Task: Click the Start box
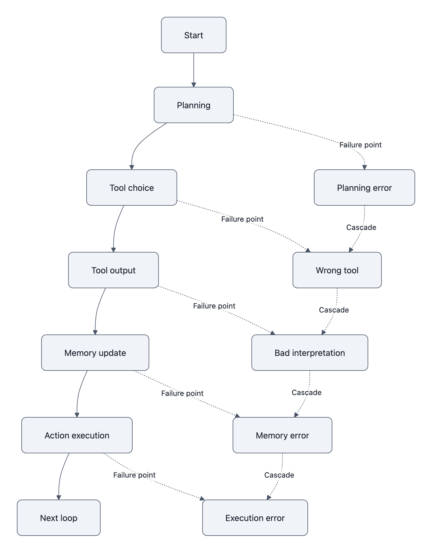coord(193,35)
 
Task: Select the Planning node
coord(193,105)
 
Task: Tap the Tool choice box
coord(131,188)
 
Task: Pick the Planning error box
coord(364,188)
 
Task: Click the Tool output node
coord(113,270)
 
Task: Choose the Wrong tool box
coord(337,270)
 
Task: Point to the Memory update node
coord(95,353)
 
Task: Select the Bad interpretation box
coord(309,353)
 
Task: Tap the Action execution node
coord(77,435)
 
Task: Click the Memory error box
coord(282,435)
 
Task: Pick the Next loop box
coord(59,518)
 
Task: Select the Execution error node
coord(255,518)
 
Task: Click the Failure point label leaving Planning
coord(360,145)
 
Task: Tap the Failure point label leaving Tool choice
coord(242,219)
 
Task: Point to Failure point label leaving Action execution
coord(134,475)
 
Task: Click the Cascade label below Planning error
coord(361,227)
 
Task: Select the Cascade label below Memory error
coord(279,475)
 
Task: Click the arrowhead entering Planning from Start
coord(194,85)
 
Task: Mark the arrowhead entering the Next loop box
coord(59,498)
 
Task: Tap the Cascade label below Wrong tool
coord(333,310)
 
